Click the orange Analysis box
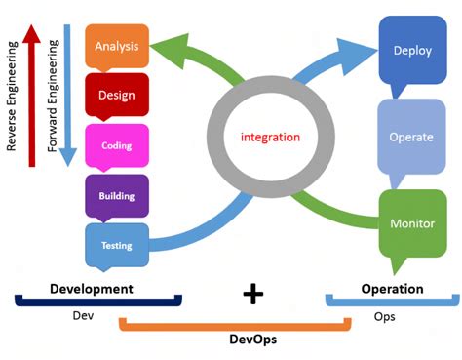point(117,46)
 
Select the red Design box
point(117,95)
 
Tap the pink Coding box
point(117,145)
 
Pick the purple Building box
point(117,196)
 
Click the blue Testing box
point(117,245)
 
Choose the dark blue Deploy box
point(411,51)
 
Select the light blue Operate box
point(411,137)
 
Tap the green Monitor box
point(411,222)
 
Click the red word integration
point(270,137)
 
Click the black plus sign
point(253,292)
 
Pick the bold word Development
point(92,289)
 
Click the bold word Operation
point(392,289)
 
